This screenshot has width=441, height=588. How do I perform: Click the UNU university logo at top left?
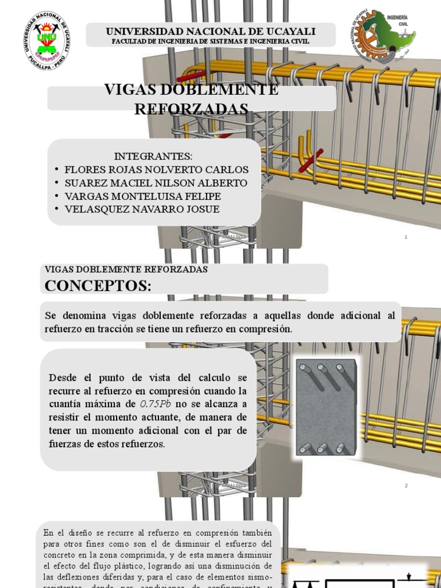coord(47,40)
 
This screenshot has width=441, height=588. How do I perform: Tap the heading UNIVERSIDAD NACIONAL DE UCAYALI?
coord(211,31)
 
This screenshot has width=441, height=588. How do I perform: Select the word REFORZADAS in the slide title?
coord(191,109)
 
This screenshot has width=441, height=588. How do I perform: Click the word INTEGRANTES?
coord(153,156)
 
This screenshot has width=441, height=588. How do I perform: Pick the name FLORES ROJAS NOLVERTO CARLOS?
coord(157,169)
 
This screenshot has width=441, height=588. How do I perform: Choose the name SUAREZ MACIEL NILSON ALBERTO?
coord(156,183)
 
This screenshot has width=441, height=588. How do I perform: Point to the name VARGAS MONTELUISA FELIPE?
coord(143,196)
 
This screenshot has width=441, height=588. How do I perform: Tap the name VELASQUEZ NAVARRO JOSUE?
coord(142,209)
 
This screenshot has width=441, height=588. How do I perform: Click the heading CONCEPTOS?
coord(98,285)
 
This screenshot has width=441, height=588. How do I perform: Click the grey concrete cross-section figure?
coord(326,407)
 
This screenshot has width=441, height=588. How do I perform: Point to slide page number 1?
coord(406,237)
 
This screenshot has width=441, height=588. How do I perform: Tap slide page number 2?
coord(406,485)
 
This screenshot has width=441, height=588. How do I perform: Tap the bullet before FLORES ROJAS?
coord(56,169)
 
